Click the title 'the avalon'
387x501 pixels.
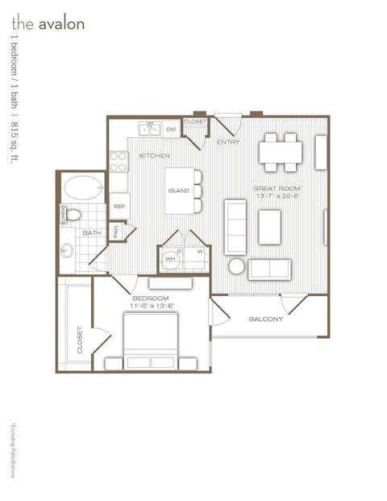[48, 23]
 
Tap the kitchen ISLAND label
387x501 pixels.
[178, 191]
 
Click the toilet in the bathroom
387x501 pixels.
[72, 215]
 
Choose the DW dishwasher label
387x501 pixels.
[171, 129]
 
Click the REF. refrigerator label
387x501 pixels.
[119, 207]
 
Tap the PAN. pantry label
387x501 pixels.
[116, 231]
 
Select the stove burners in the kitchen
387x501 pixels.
[119, 162]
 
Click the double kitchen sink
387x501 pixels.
[148, 129]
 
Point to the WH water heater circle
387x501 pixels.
[170, 260]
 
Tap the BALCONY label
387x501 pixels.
[265, 319]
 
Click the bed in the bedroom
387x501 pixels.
[150, 339]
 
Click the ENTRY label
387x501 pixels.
[229, 142]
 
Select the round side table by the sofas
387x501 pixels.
[237, 266]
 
